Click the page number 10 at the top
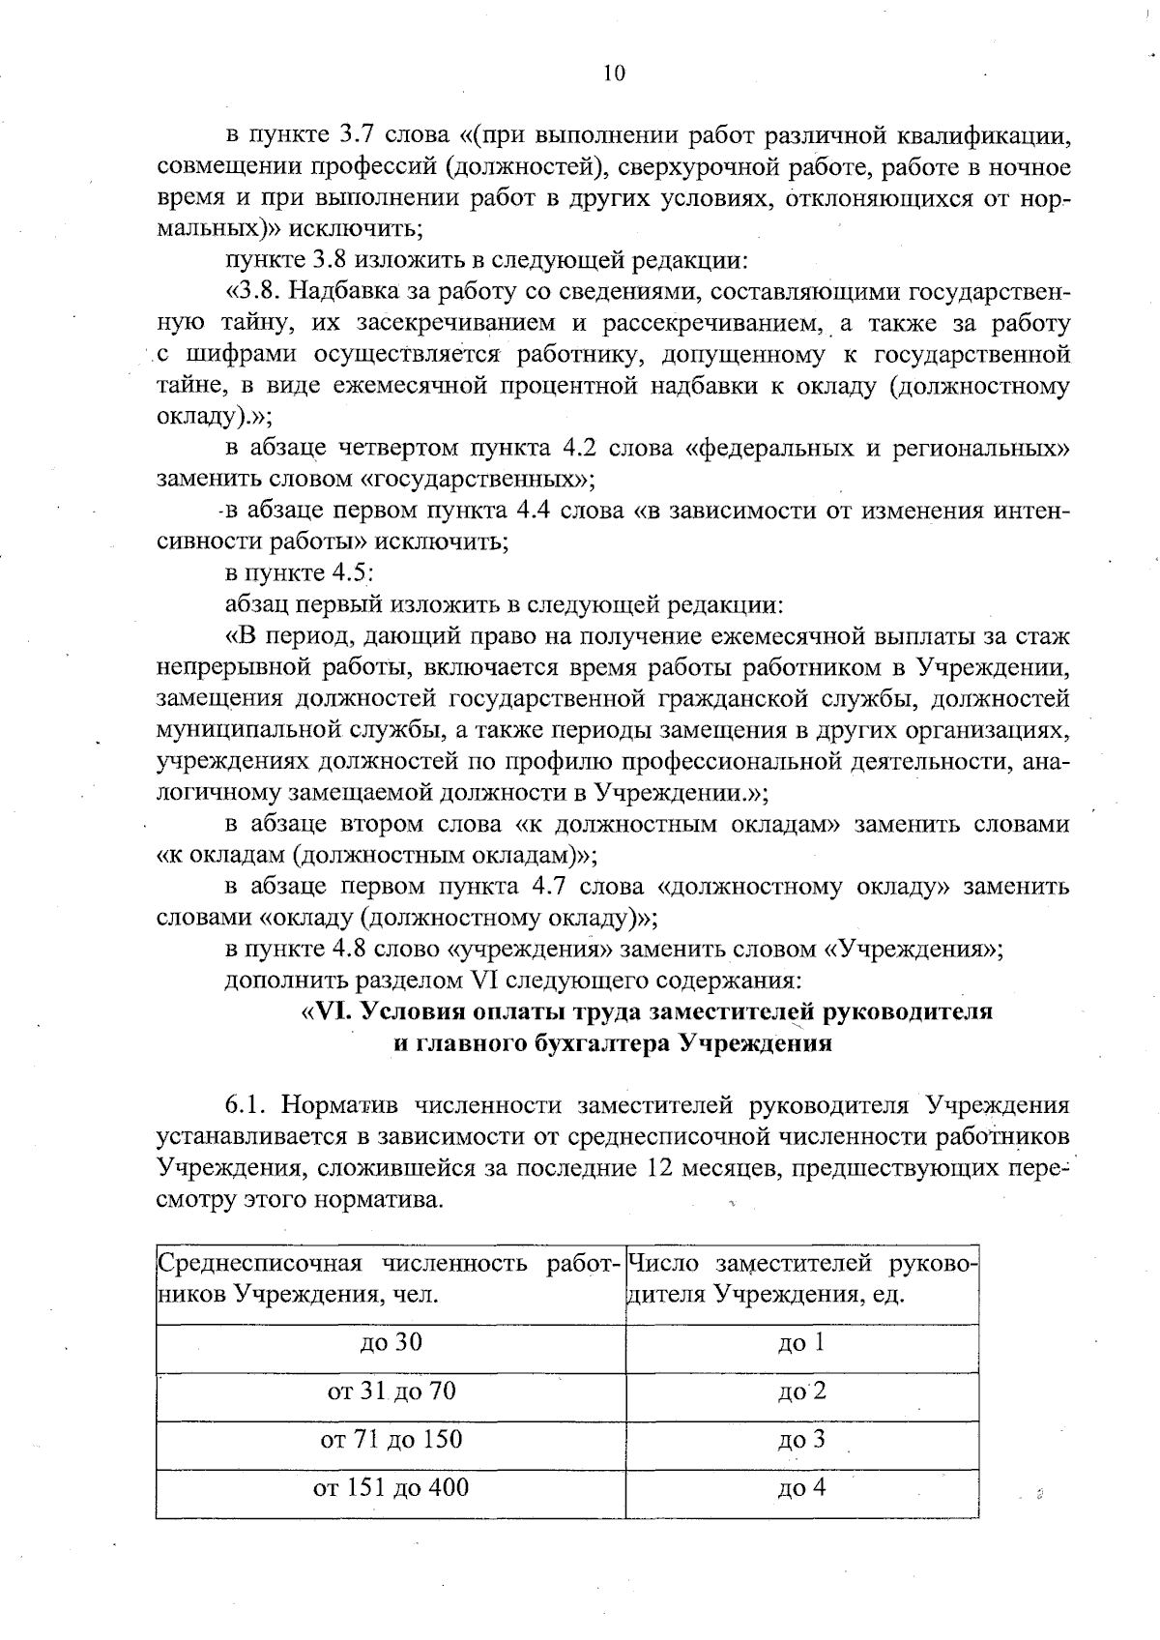tap(613, 73)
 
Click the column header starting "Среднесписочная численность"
tap(390, 1278)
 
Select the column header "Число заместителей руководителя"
tap(801, 1278)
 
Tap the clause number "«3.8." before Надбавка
tap(253, 291)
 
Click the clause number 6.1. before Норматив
tap(246, 1105)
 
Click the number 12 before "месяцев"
tap(653, 1167)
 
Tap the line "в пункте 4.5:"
tap(300, 573)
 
